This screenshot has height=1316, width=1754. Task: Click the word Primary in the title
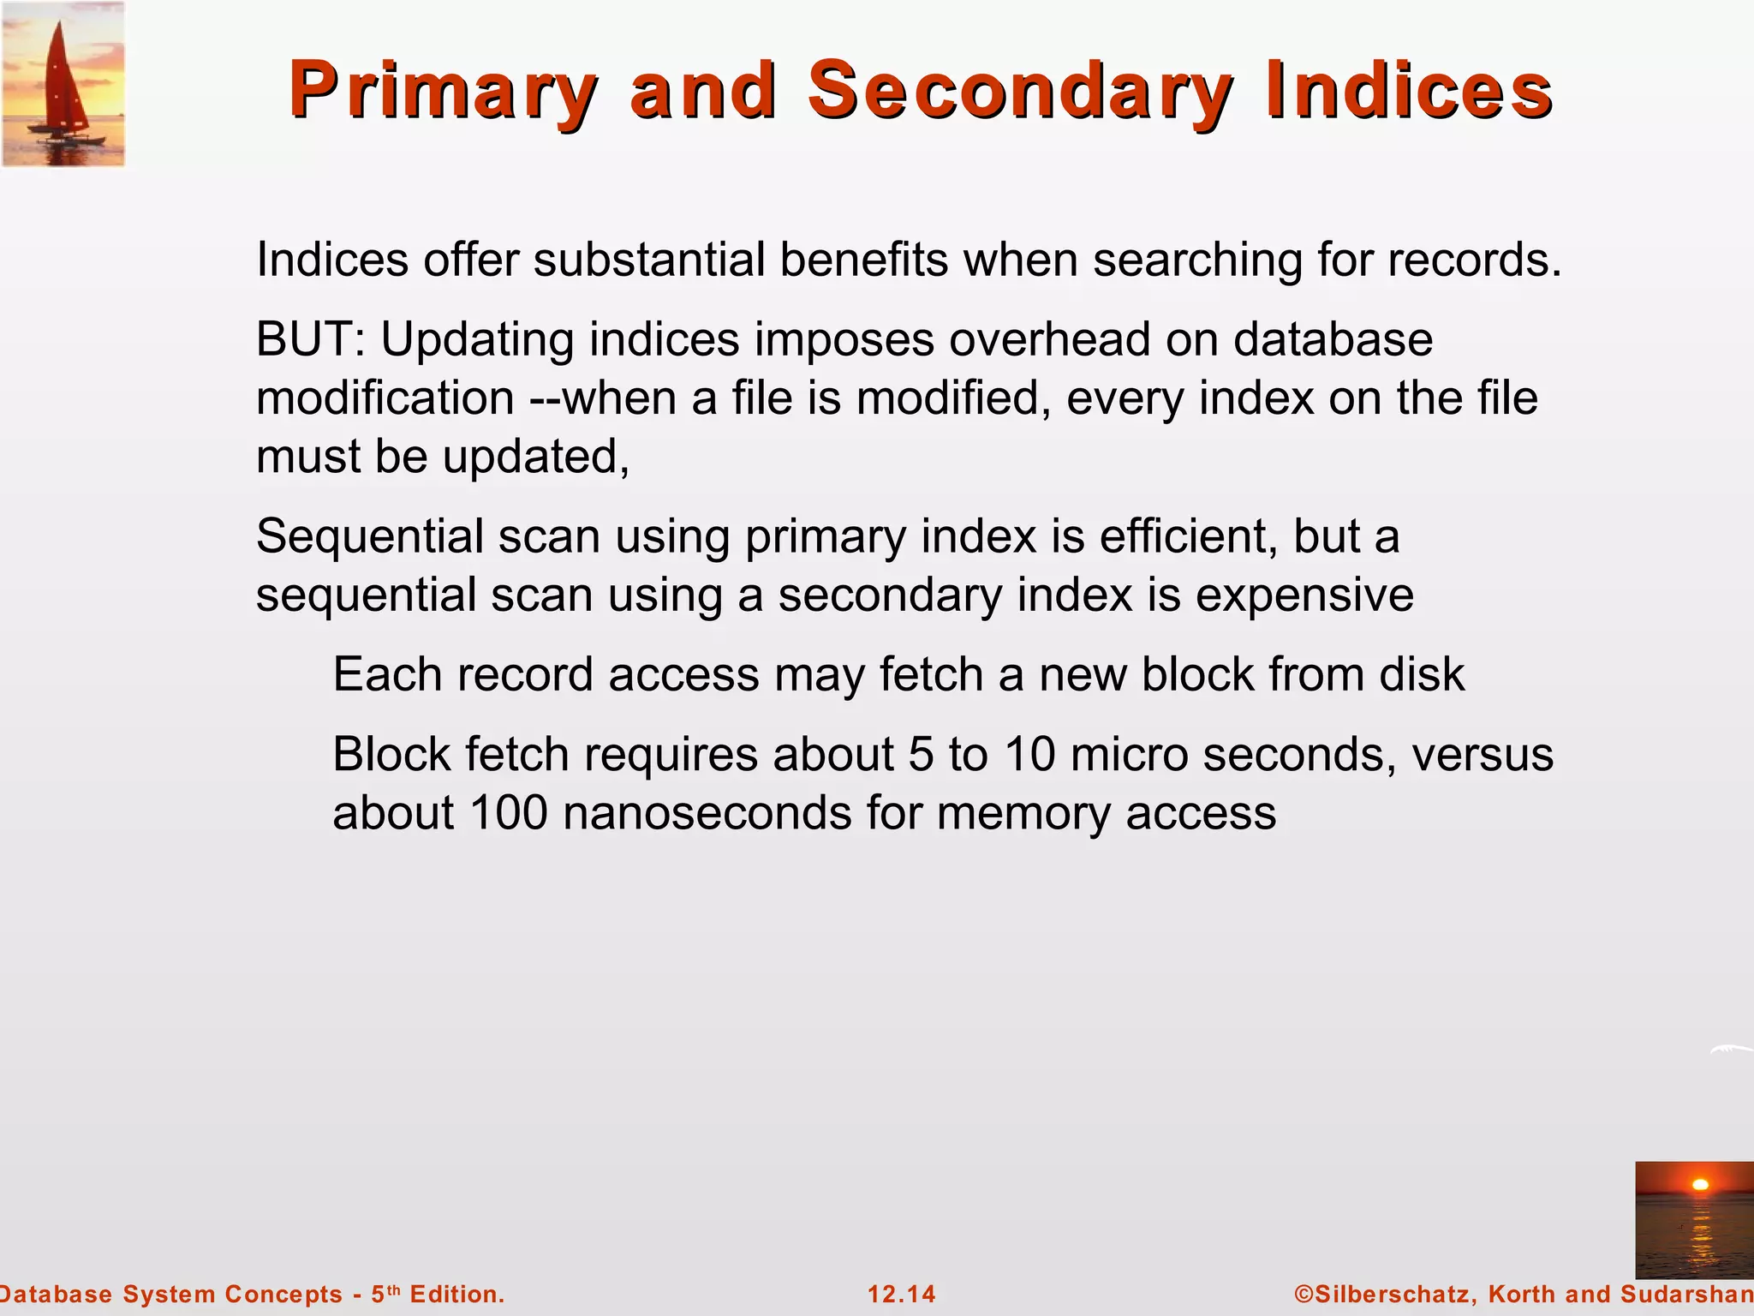coord(442,91)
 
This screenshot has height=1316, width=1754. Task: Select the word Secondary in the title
coord(1020,91)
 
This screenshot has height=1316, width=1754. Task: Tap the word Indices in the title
coord(1409,91)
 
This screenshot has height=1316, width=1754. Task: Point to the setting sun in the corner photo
coord(1701,1185)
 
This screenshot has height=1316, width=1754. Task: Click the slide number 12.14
coord(902,1294)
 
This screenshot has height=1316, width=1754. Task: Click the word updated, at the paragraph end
coord(536,457)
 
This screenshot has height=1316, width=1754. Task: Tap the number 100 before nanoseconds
coord(509,812)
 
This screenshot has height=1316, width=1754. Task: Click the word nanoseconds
coord(707,812)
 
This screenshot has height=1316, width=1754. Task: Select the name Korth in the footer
coord(1522,1294)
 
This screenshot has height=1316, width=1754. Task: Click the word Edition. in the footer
coord(457,1294)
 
